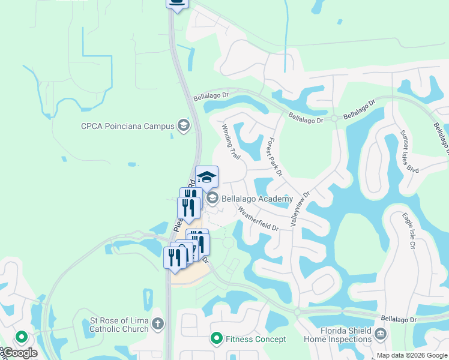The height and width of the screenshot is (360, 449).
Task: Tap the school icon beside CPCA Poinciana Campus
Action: tap(183, 126)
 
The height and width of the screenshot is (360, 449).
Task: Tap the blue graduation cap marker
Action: tap(206, 177)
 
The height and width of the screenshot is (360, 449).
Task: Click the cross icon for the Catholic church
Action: tap(158, 324)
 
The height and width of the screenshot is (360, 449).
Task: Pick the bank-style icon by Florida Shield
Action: tap(380, 334)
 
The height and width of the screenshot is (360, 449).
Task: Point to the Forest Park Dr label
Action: tap(274, 157)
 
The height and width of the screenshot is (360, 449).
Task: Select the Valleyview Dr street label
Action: tap(300, 208)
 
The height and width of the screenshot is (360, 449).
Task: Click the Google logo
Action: tap(19, 353)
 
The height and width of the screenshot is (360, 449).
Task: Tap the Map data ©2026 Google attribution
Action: tap(411, 355)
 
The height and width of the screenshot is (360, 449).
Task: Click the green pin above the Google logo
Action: tap(22, 337)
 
